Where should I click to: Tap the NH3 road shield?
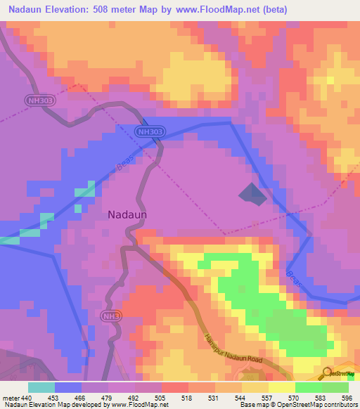(110, 316)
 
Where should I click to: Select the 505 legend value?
(162, 397)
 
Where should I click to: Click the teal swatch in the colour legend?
(41, 387)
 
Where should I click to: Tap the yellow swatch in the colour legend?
(281, 387)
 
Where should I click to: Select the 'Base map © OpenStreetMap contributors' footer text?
(296, 405)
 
